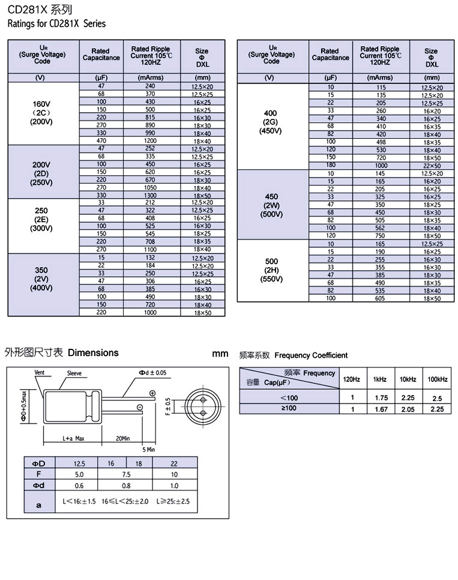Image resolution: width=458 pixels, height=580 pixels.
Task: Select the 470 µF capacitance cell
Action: click(x=101, y=141)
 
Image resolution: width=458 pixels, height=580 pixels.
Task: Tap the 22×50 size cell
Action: click(x=432, y=165)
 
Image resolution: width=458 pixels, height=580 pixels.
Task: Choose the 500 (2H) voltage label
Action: click(x=271, y=270)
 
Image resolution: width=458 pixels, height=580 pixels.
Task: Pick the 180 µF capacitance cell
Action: click(x=330, y=165)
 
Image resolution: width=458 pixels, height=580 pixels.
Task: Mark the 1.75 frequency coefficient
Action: click(x=381, y=398)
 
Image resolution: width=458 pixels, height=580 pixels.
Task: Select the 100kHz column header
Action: click(x=436, y=379)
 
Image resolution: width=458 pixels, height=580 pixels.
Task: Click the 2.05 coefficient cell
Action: click(x=408, y=409)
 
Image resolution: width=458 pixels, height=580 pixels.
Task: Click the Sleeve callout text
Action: click(x=74, y=373)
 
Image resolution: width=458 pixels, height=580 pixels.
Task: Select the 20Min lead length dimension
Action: click(x=123, y=439)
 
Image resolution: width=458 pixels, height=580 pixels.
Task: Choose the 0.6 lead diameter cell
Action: click(x=79, y=485)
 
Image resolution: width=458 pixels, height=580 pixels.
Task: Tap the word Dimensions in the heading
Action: click(x=93, y=353)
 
